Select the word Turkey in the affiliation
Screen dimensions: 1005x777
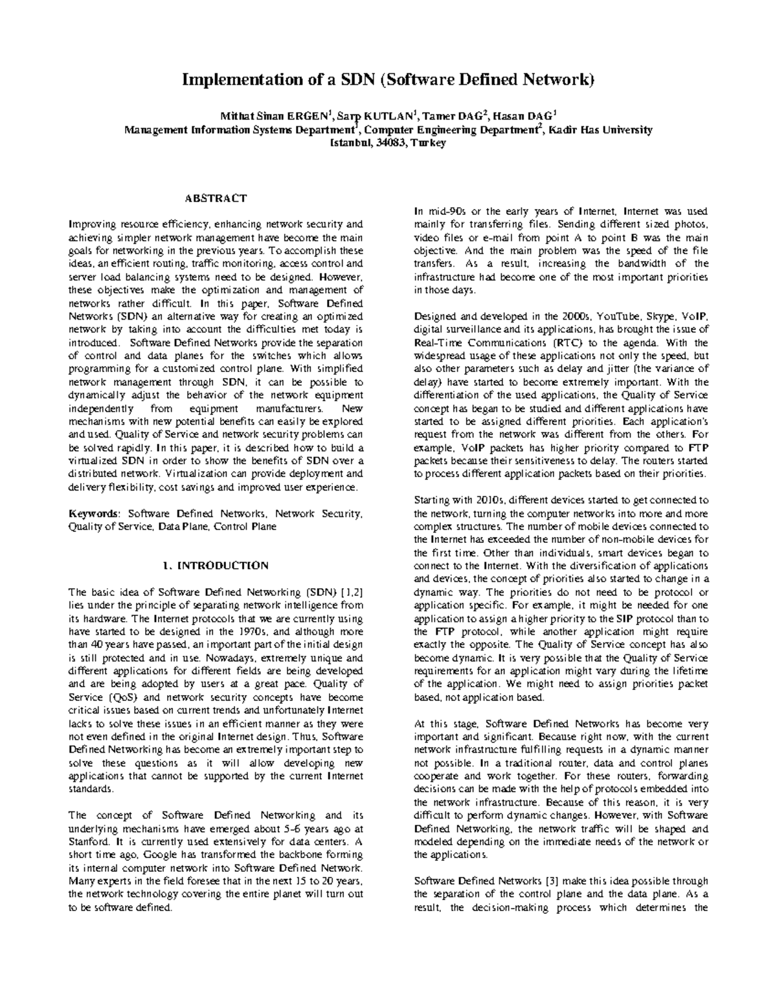tap(428, 143)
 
